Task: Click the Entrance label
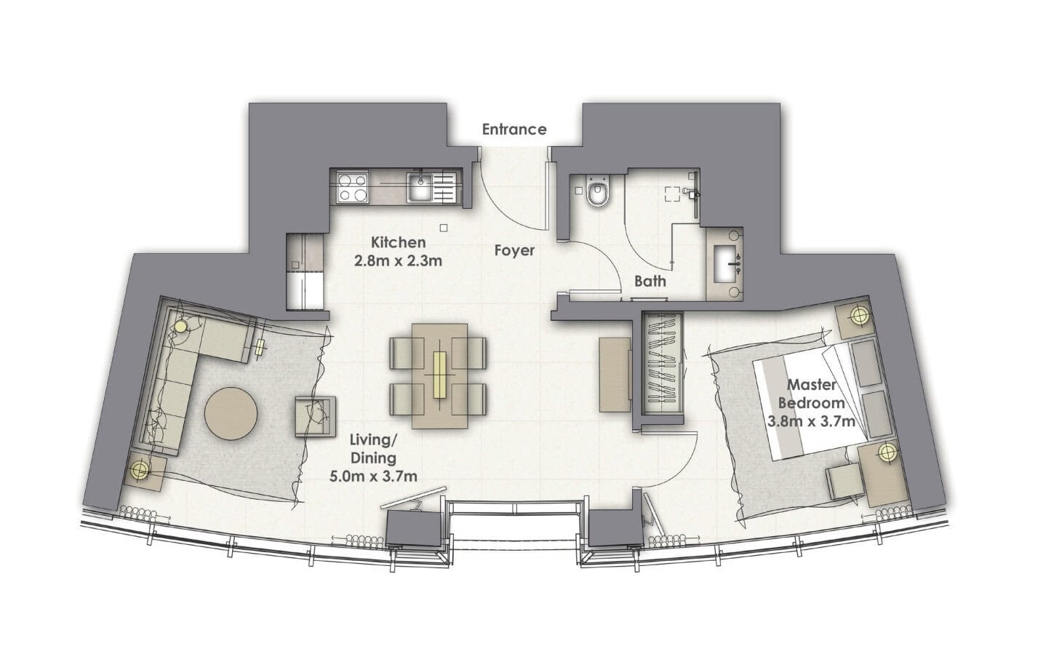pos(514,129)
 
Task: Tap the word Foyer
pos(514,250)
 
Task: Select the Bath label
pos(650,282)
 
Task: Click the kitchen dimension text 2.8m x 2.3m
pos(399,260)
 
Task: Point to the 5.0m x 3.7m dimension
pos(374,476)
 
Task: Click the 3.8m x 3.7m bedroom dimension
pos(811,421)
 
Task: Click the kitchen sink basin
pos(420,188)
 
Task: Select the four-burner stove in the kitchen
pos(354,188)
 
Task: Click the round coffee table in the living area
pos(231,414)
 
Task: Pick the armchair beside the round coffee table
pos(315,416)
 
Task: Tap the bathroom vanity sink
pos(725,264)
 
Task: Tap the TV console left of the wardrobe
pos(615,375)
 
